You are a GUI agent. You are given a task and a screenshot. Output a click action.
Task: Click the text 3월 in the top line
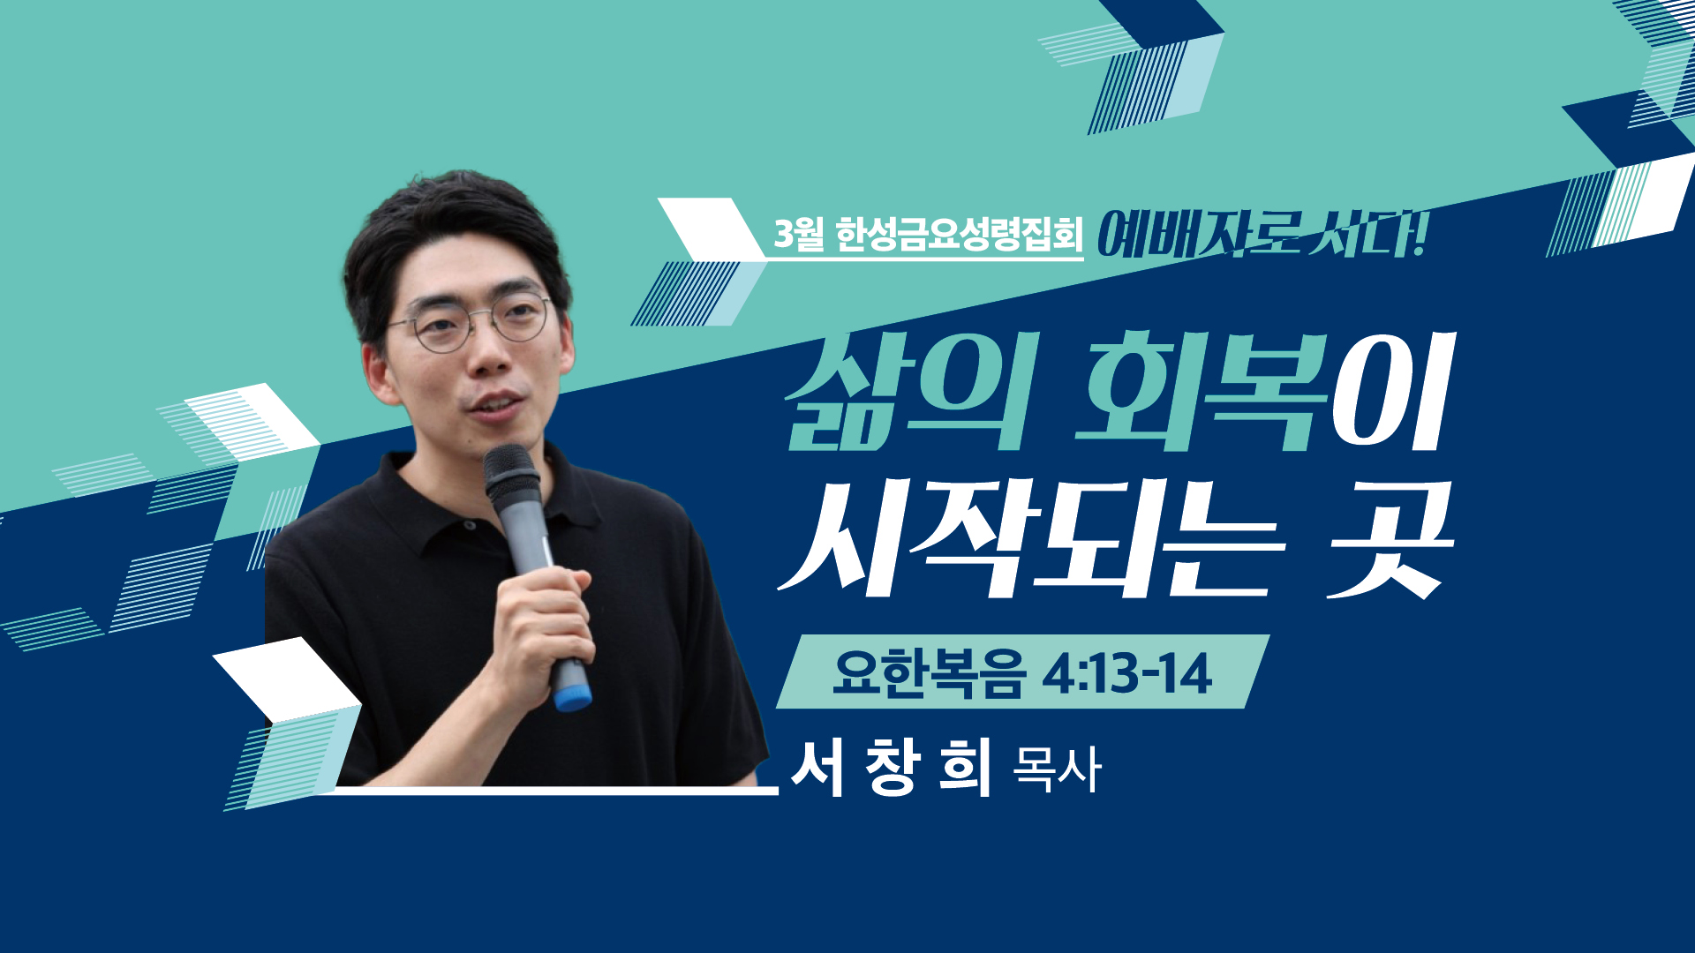tap(799, 234)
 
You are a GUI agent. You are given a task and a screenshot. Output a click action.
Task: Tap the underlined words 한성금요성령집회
tap(959, 235)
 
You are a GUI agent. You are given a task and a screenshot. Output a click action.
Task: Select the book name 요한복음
tap(929, 673)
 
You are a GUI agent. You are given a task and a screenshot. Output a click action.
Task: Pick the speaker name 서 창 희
tap(893, 767)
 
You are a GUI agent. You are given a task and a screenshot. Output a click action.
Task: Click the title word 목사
tap(1057, 769)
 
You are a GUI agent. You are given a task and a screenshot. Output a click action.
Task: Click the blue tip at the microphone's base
tap(572, 698)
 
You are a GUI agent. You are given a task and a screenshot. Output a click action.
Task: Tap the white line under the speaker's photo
tap(547, 791)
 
